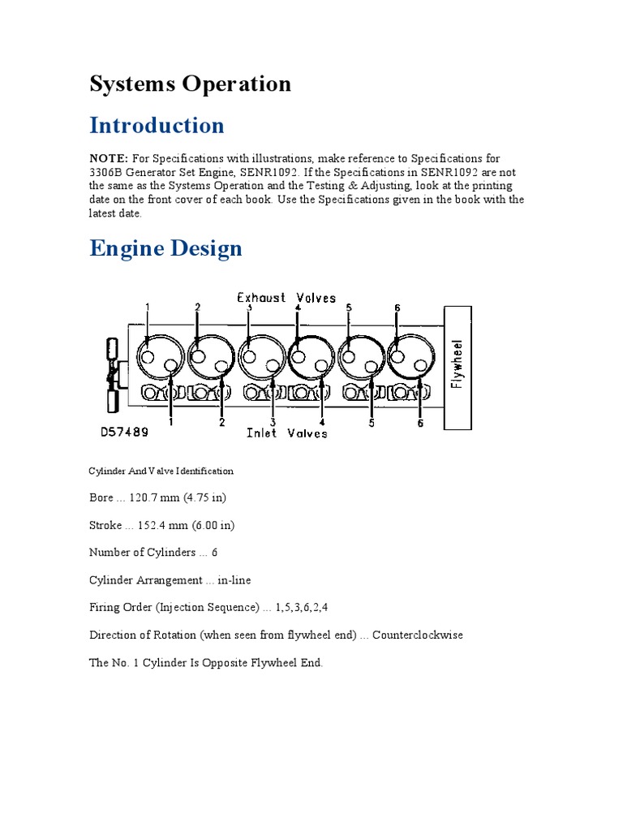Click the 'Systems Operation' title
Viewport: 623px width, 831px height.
190,84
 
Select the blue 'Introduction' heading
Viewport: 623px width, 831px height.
157,125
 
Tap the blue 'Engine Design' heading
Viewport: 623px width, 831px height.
165,248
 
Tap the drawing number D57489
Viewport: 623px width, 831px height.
124,433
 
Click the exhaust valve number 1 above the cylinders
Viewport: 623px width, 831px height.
148,307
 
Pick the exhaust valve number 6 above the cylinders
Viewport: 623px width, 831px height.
397,308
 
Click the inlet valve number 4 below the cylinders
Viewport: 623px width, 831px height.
322,423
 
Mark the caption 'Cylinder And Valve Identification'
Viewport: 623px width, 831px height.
161,471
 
